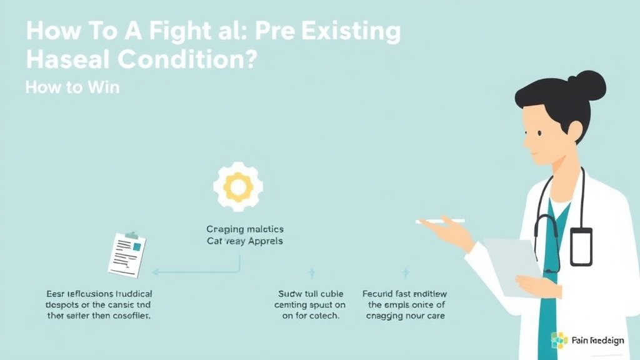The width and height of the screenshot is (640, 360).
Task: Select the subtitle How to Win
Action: [x=72, y=87]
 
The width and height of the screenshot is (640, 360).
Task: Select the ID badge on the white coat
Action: [x=581, y=247]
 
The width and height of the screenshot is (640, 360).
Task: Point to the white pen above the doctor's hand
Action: [x=441, y=221]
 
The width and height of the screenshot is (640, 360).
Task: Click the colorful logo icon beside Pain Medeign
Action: [x=559, y=340]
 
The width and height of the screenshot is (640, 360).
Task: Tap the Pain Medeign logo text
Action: [x=597, y=341]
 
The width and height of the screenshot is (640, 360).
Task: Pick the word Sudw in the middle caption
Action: [x=289, y=292]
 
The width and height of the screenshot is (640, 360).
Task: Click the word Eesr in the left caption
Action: [x=57, y=292]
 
